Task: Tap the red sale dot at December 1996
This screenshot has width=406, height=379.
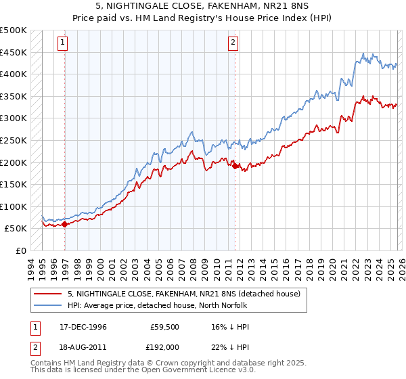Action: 64,224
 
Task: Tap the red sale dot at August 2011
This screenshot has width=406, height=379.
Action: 235,166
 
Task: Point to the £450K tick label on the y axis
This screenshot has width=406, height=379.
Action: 14,52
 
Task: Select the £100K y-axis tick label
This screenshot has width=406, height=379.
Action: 14,206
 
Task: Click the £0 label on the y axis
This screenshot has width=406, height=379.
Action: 22,250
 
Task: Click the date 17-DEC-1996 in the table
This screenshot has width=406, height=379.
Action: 83,327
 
